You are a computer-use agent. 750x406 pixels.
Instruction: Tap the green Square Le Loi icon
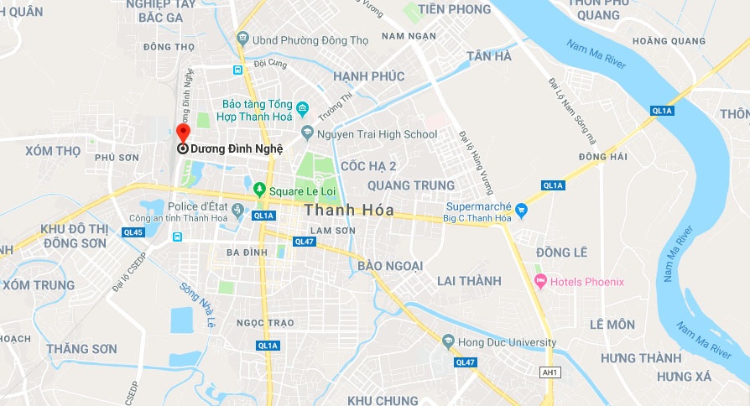coord(260,190)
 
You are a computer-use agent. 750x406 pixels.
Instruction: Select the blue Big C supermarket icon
coord(521,209)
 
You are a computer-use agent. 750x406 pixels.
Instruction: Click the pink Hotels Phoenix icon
coord(539,281)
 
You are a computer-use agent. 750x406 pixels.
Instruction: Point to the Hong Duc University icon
coord(447,341)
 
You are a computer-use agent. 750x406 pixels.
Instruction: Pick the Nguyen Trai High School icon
coord(308,133)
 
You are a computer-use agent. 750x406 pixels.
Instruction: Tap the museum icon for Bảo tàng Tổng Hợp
coord(303,110)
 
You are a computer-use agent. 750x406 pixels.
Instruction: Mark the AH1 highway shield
coord(549,372)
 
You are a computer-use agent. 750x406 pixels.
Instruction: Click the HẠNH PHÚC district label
coord(368,76)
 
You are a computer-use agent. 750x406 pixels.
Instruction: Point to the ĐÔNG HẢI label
coord(602,157)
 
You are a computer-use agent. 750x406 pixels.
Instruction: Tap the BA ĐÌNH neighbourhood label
coord(247,252)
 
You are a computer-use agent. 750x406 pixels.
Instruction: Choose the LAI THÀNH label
coord(468,280)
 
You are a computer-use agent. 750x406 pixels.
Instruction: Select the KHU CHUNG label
coord(383,400)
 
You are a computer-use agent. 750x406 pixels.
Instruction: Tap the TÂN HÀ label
coord(489,56)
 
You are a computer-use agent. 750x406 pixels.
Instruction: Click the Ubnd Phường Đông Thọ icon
coord(243,38)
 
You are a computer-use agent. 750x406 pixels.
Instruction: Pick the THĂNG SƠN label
coord(82,348)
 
